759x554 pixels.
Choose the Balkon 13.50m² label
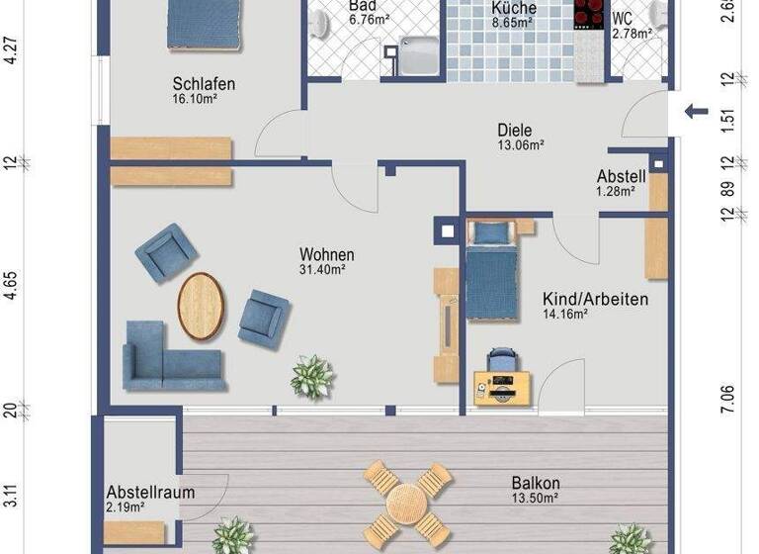pos(536,490)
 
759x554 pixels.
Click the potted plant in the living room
pos(312,377)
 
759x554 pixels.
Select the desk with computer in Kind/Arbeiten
pos(501,386)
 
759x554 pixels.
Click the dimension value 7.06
pos(728,401)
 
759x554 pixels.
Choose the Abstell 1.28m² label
pos(621,184)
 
